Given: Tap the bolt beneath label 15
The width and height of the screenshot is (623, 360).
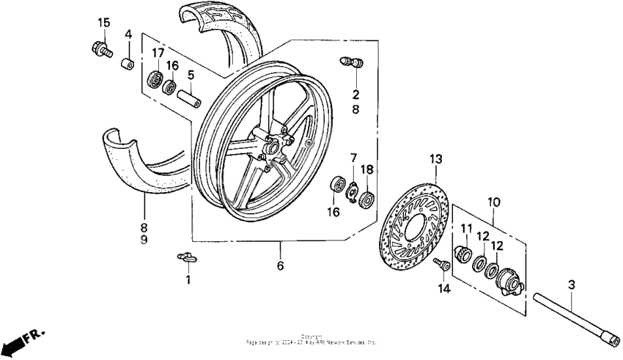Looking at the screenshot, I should tap(100, 49).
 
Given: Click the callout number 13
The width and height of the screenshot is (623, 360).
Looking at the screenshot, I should tap(436, 158).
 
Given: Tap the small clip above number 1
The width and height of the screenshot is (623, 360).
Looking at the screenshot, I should tap(187, 256).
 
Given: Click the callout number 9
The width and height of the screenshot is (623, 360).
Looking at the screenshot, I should tap(143, 240).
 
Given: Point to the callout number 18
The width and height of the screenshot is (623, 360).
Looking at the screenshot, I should tap(367, 169).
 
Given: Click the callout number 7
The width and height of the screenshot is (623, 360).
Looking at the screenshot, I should tap(353, 158).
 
